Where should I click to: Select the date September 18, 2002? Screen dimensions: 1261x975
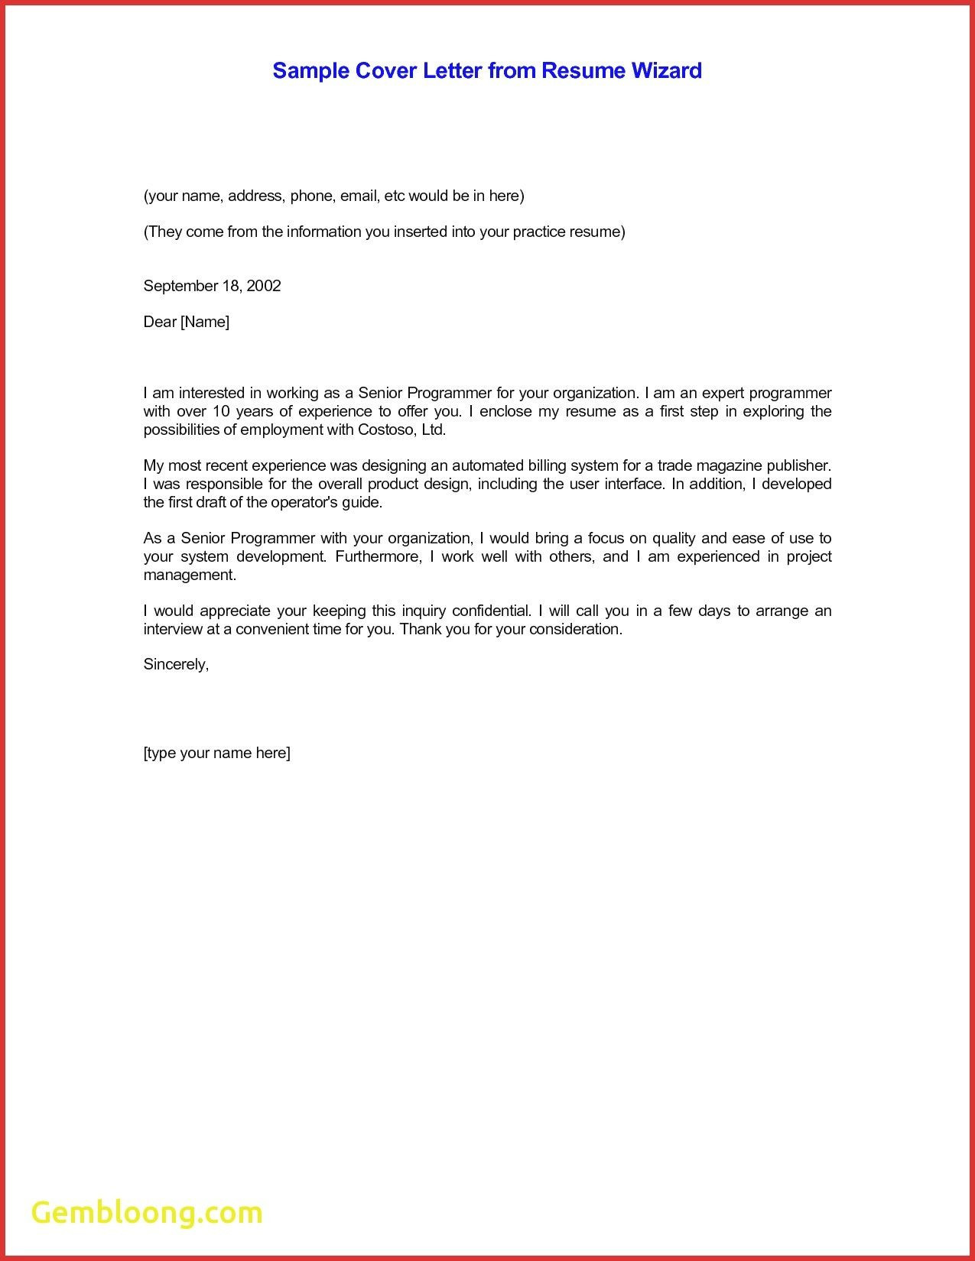(x=212, y=286)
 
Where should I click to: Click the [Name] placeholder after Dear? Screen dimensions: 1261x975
(x=204, y=322)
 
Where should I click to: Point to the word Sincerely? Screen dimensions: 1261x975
(x=175, y=664)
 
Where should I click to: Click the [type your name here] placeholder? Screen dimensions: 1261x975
(x=216, y=753)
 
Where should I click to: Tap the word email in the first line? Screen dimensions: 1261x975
(x=359, y=196)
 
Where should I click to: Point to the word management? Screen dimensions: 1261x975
(x=190, y=575)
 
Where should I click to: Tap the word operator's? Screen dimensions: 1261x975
(x=315, y=502)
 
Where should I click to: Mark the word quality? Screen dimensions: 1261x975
(x=673, y=538)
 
